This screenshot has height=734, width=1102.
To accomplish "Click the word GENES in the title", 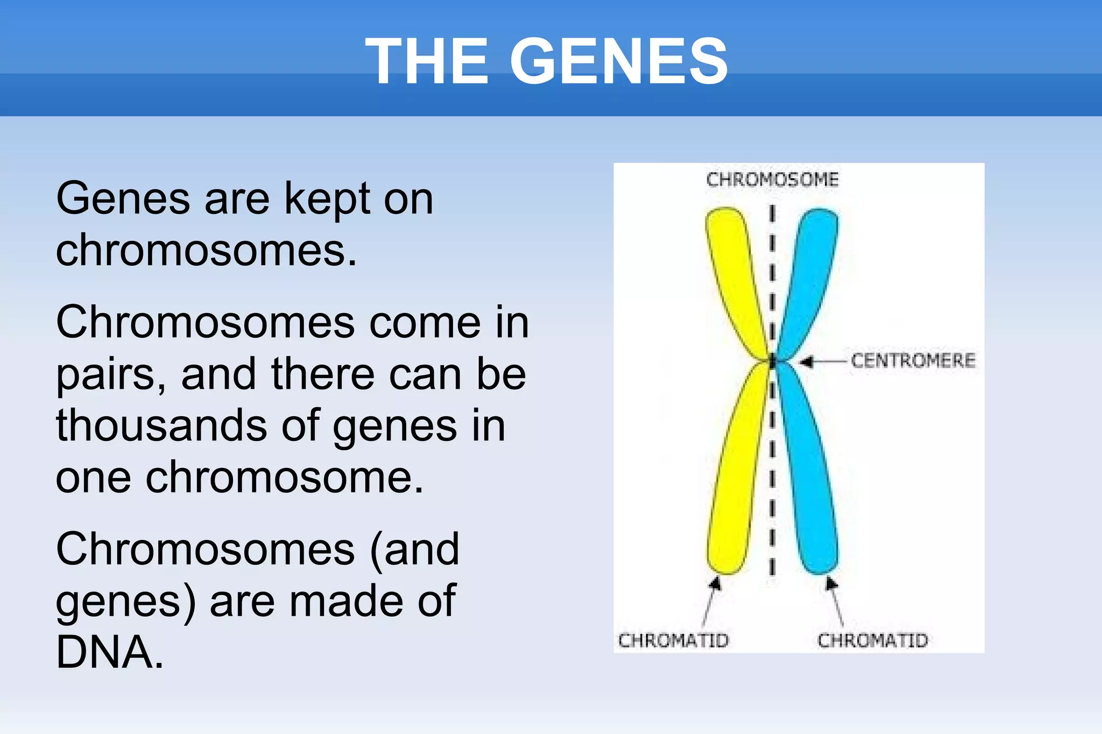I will [619, 61].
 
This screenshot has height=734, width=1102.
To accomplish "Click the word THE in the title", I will [427, 61].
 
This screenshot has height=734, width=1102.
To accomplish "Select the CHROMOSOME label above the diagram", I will [772, 180].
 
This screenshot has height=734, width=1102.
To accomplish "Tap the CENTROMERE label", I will [913, 360].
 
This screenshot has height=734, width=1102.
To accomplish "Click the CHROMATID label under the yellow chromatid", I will [673, 640].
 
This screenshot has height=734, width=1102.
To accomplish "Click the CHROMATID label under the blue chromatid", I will [873, 640].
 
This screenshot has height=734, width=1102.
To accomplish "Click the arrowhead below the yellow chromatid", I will [715, 583].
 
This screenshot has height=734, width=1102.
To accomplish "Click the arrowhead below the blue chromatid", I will [831, 583].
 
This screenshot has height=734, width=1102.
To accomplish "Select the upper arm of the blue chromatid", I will [810, 269].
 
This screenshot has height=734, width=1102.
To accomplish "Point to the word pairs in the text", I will [110, 375].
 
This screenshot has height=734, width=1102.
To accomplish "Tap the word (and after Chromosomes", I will [414, 550].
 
